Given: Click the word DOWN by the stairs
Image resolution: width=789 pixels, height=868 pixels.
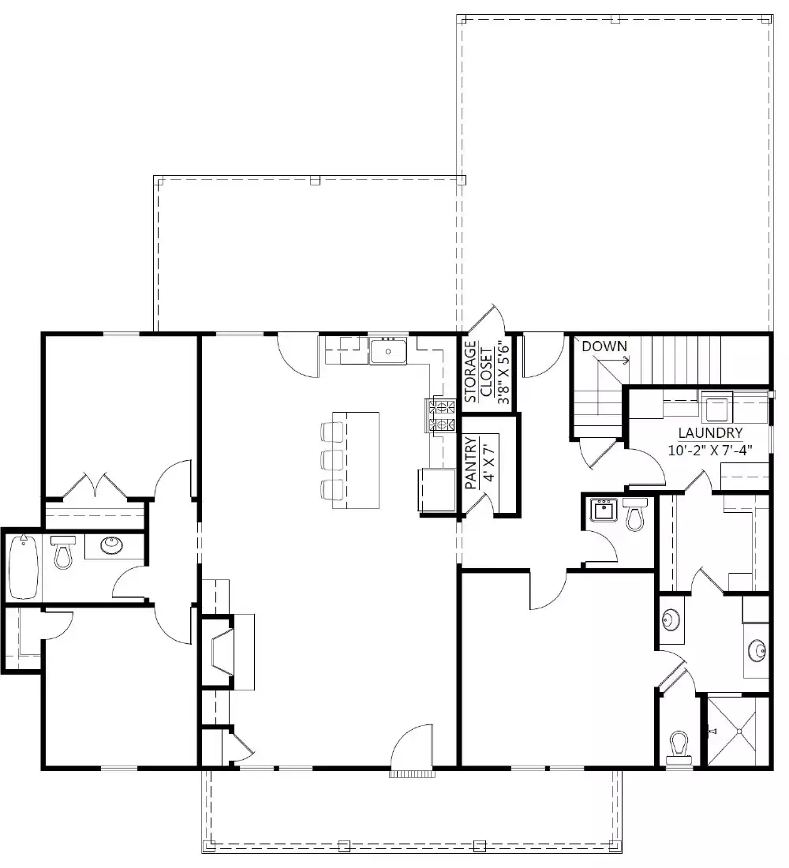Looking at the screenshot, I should [x=604, y=346].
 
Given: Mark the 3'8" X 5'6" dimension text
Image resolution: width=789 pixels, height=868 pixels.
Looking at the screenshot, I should [x=503, y=372].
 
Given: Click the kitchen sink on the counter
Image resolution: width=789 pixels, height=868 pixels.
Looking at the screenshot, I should [x=388, y=350].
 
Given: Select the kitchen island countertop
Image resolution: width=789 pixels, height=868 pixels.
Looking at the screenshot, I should [x=356, y=460].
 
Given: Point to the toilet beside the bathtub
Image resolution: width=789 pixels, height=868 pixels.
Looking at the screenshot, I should [x=62, y=552].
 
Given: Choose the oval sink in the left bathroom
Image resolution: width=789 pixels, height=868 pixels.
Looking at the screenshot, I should [x=108, y=544].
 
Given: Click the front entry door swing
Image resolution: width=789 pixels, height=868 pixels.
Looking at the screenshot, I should [x=412, y=746].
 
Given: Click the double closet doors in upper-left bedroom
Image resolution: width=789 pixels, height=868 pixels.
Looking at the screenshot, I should [x=95, y=484].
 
